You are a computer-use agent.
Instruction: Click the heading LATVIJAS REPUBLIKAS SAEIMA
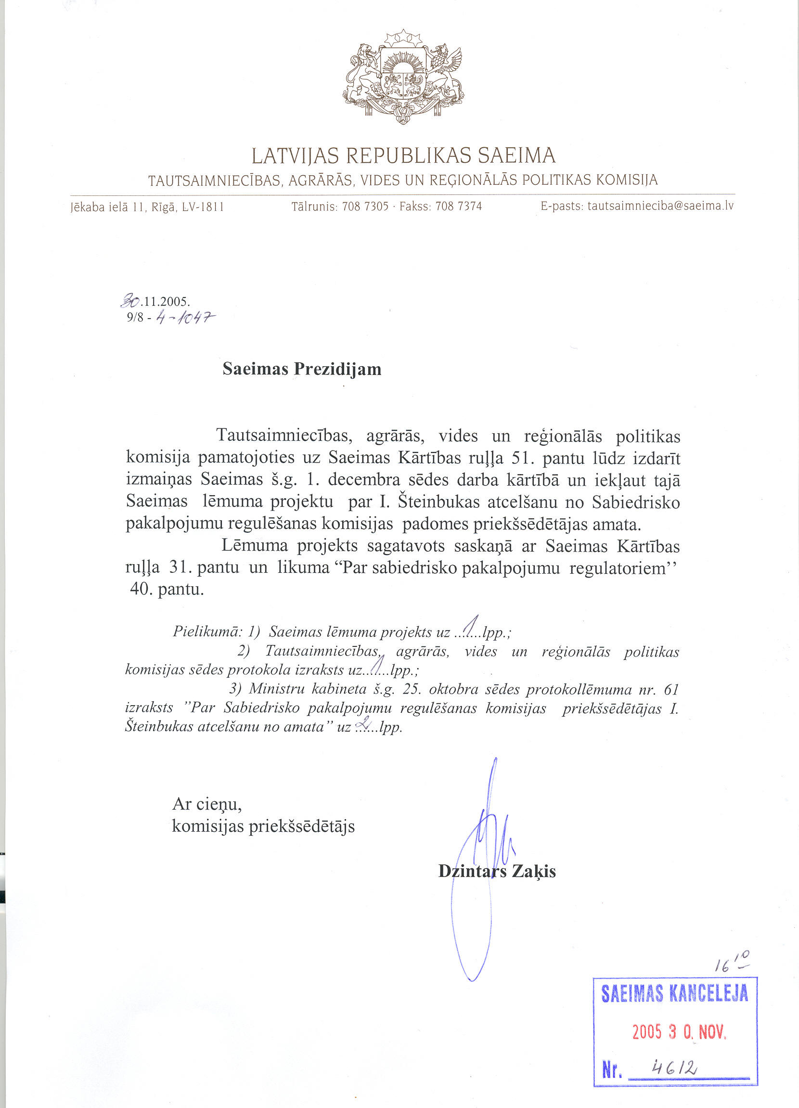click(x=403, y=156)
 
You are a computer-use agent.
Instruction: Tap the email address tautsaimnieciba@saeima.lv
click(x=660, y=206)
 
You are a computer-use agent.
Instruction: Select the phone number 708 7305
click(x=365, y=206)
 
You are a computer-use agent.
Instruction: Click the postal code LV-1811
click(x=203, y=207)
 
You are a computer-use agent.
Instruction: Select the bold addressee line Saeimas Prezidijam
click(x=301, y=369)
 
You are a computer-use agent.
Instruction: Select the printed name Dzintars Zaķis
click(x=497, y=871)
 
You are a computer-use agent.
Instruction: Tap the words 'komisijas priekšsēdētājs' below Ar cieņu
click(x=263, y=825)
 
